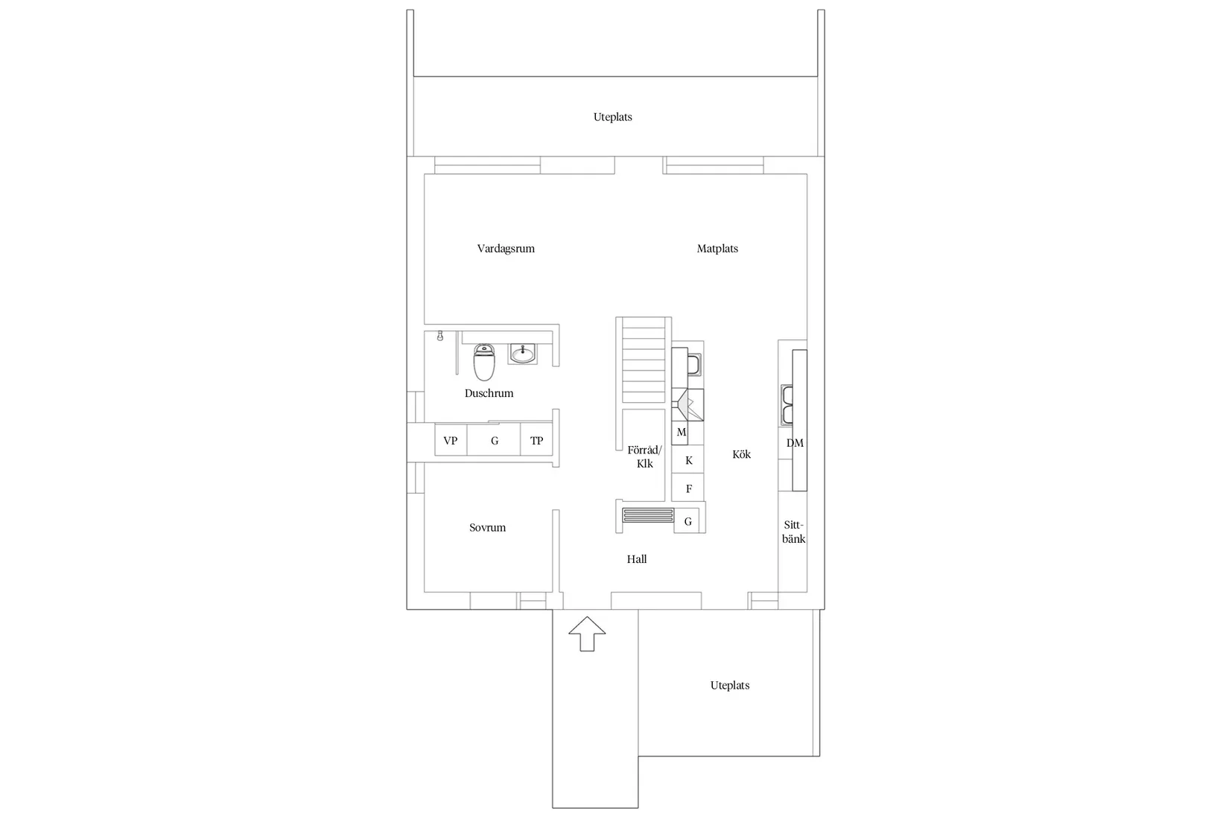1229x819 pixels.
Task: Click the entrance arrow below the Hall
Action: (587, 634)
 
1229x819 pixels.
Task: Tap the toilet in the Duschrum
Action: (484, 362)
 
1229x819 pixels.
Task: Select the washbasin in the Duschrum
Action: (523, 353)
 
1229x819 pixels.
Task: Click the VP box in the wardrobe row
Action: (451, 440)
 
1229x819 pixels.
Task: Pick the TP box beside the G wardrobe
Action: (536, 440)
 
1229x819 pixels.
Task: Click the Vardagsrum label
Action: (506, 249)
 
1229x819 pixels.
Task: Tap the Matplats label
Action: (717, 249)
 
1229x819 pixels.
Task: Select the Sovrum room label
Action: (487, 528)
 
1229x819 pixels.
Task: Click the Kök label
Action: (741, 454)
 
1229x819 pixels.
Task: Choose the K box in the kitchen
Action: (688, 460)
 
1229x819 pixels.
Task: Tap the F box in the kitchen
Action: (688, 489)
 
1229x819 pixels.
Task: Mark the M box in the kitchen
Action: (680, 432)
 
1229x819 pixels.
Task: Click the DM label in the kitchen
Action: (795, 443)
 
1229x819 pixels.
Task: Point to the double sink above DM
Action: (787, 405)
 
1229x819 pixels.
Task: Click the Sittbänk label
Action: (793, 532)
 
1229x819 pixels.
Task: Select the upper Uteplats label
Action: (612, 117)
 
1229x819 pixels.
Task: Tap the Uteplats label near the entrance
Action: (729, 685)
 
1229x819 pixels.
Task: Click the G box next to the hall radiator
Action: (687, 521)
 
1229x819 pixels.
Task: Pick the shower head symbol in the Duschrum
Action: (440, 336)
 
